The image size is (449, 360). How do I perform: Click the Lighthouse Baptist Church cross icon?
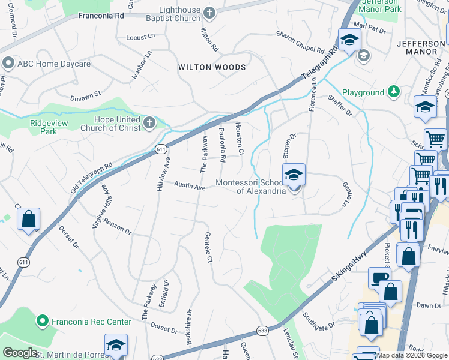[x=209, y=13]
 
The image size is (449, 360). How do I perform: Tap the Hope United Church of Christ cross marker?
[x=149, y=124]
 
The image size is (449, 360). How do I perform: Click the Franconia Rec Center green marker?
[x=42, y=320]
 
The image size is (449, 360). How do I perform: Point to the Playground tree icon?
[x=393, y=92]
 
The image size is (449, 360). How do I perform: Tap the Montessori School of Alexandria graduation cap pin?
[x=294, y=175]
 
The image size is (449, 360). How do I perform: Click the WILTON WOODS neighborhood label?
[x=212, y=67]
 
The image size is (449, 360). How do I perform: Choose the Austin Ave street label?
[x=190, y=187]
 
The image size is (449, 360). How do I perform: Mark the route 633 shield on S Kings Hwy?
[x=262, y=330]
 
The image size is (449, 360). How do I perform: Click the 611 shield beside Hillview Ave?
[x=160, y=149]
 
